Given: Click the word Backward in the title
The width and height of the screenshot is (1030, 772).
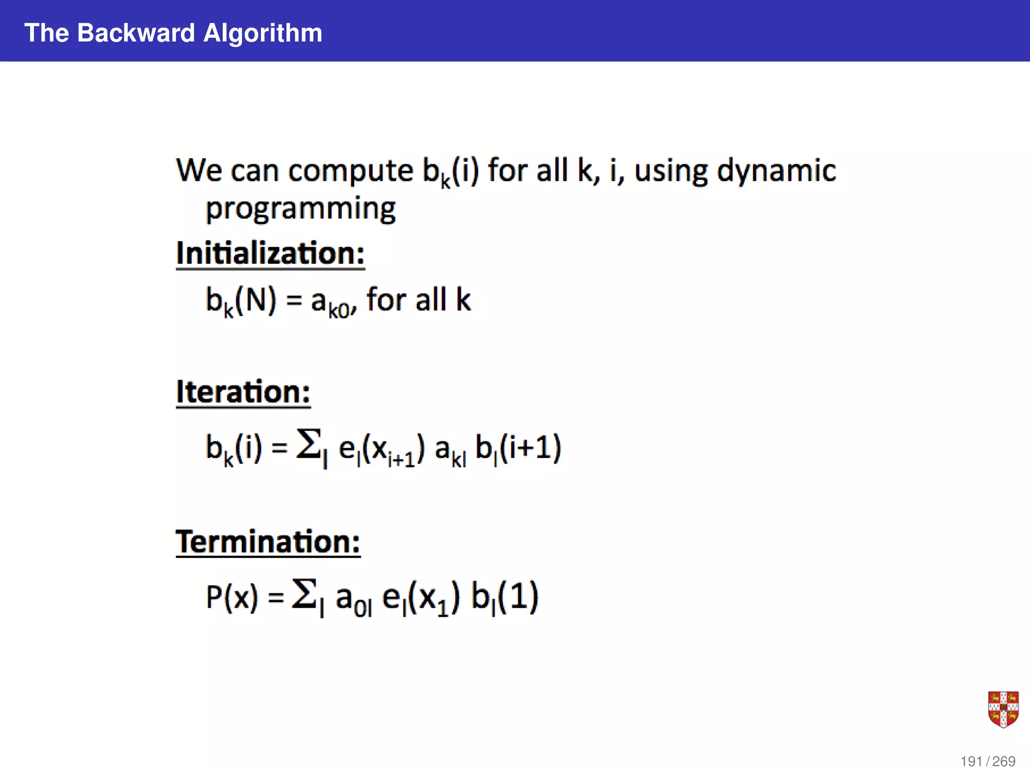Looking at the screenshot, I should coord(136,33).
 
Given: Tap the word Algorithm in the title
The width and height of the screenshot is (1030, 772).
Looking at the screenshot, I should coord(263,33).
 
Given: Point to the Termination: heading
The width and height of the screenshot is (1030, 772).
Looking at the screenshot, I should coord(268,542).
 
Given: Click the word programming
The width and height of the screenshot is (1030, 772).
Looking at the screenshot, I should coord(301,209).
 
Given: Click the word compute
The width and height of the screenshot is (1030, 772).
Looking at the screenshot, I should coord(351,171).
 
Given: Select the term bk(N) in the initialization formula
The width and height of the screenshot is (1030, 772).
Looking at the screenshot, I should coord(241,301).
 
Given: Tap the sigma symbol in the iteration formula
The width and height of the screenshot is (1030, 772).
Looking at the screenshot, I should coord(309,445).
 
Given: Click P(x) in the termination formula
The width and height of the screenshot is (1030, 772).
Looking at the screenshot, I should coord(232,598).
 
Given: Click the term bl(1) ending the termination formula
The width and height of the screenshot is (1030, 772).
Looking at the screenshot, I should coord(505,598).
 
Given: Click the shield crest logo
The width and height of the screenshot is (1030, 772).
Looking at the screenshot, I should coord(1003,709).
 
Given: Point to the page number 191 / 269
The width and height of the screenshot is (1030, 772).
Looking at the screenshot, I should coord(988,761).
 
